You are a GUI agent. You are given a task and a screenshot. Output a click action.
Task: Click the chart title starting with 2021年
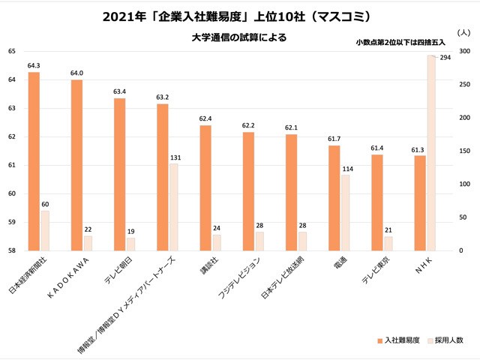(240, 15)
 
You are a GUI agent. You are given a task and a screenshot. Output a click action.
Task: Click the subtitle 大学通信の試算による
(240, 36)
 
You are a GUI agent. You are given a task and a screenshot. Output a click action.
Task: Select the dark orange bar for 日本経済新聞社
(34, 161)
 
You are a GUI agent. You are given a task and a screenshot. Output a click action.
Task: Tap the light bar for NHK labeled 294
(431, 153)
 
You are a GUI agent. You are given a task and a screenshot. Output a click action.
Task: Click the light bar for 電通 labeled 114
(345, 213)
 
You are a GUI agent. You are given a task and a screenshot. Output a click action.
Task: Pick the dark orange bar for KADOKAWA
(77, 165)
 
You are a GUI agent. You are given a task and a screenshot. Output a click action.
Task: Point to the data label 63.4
(120, 91)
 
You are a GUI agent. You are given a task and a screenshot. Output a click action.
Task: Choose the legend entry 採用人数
(448, 341)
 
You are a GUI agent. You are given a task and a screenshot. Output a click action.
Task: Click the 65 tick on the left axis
(11, 51)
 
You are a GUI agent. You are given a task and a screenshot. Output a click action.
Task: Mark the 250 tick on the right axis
(464, 85)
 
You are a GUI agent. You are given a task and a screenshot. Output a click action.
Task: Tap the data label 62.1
(292, 128)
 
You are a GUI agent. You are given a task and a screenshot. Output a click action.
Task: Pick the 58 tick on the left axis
(11, 250)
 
